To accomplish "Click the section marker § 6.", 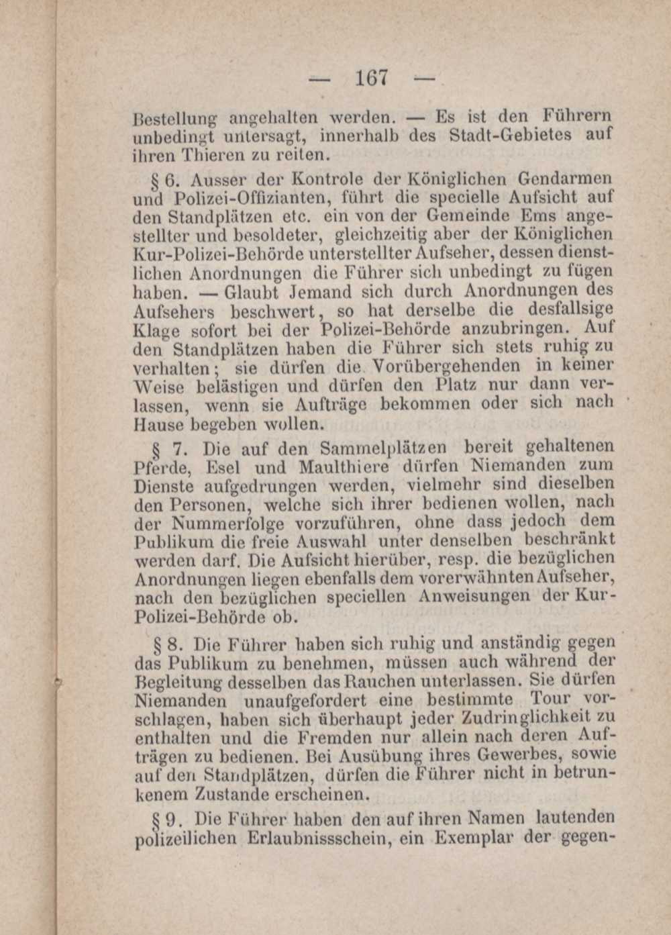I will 165,180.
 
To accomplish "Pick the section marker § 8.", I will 165,645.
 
